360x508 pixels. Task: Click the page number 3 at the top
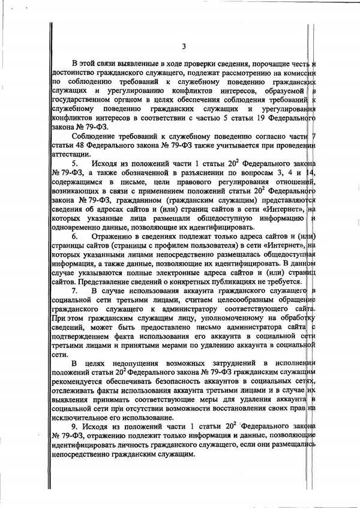(184, 47)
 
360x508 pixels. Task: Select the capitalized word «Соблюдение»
(95, 136)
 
